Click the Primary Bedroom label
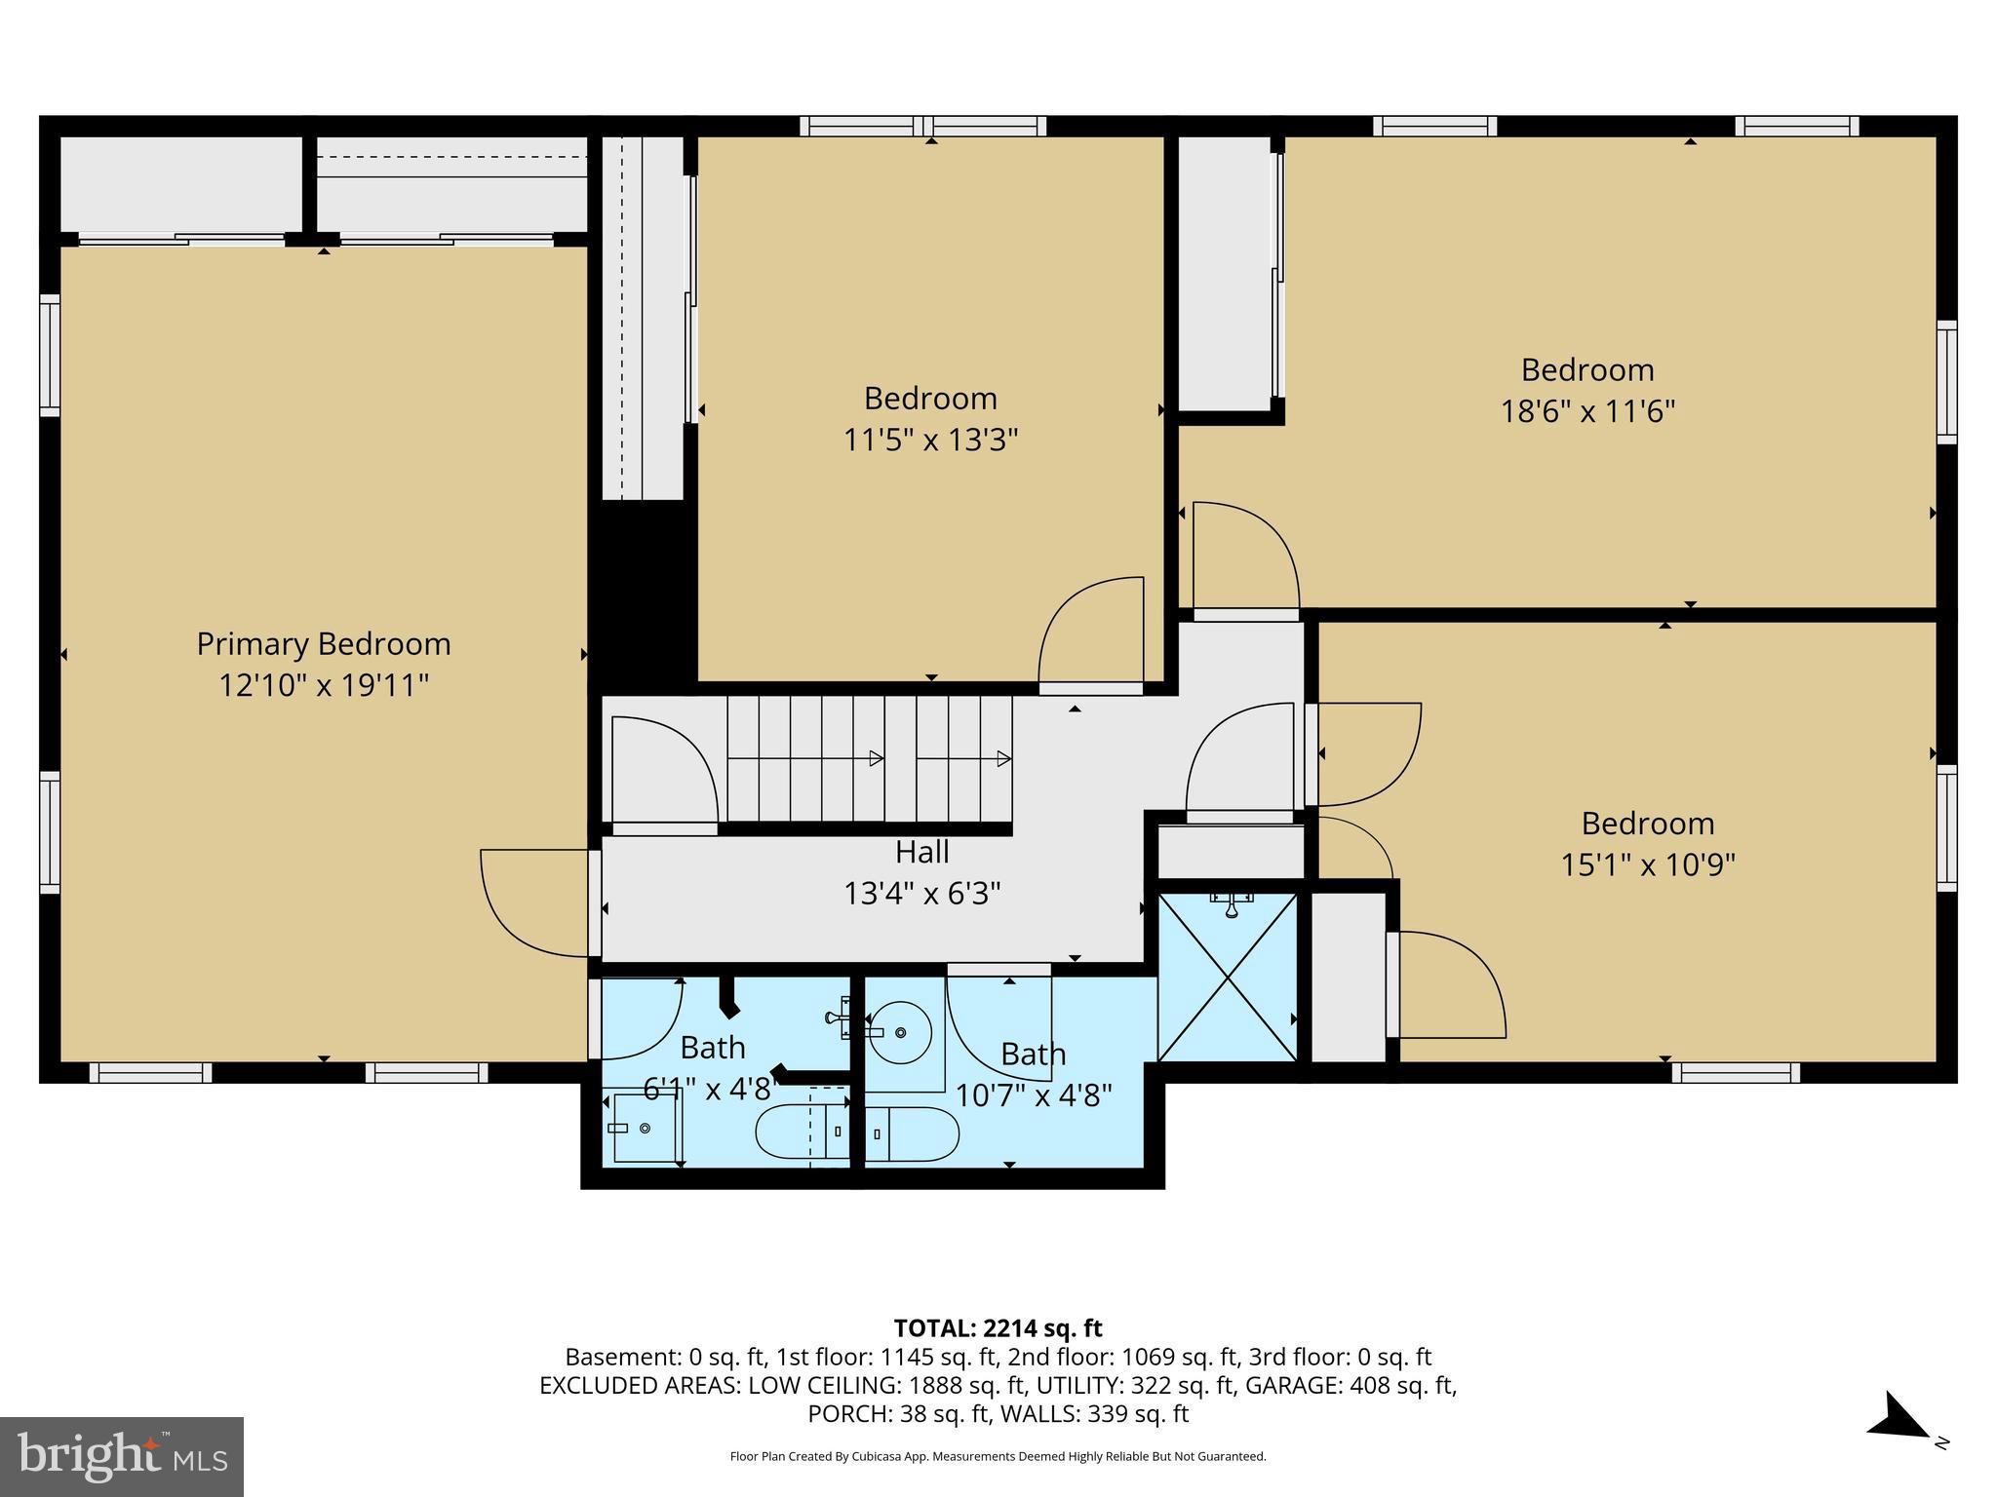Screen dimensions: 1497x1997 point(324,644)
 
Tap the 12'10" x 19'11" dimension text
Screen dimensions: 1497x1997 point(324,685)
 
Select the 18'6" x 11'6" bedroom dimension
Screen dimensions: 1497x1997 point(1587,411)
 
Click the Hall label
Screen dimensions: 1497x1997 point(921,852)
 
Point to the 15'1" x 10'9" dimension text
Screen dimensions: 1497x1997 point(1647,864)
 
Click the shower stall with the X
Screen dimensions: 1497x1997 point(1228,978)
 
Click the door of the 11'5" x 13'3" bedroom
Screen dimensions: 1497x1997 point(1092,633)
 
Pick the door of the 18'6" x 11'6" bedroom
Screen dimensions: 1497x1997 point(1246,556)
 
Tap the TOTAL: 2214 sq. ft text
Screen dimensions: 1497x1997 point(998,1328)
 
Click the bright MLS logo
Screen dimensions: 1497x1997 point(122,1456)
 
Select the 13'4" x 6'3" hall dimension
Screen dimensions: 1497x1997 point(921,893)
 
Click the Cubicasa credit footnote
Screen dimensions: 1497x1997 point(998,1457)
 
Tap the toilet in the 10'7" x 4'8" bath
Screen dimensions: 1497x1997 point(912,1133)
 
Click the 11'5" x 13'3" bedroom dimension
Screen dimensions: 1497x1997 point(930,441)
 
